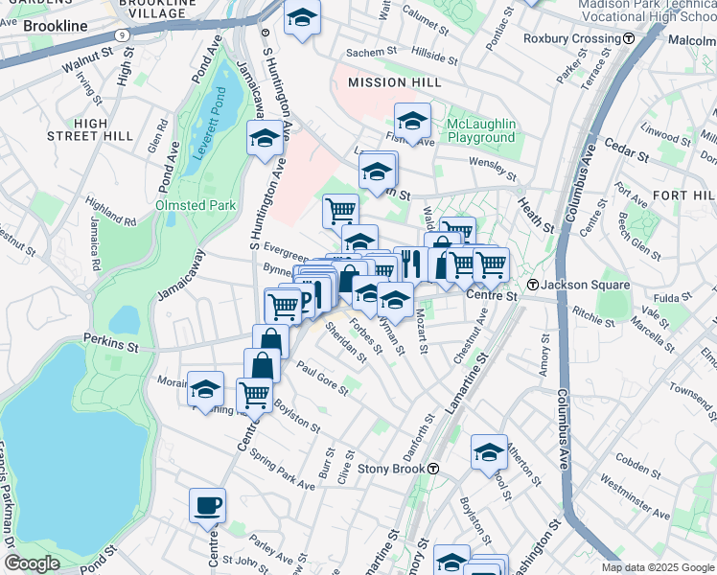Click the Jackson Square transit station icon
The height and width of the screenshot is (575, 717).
coord(533,285)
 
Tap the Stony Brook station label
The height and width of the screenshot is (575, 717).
coord(393,470)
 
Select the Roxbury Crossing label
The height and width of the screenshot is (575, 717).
coord(571,38)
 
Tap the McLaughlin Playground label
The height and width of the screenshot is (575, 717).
coord(480,131)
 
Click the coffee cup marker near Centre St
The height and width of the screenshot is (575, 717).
coord(207,505)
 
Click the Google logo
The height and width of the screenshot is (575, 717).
coord(32,563)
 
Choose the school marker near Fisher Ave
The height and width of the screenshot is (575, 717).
coord(412,122)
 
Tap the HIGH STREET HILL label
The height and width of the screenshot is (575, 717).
coord(104,129)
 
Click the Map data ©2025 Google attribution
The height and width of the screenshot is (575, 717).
coord(658,566)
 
